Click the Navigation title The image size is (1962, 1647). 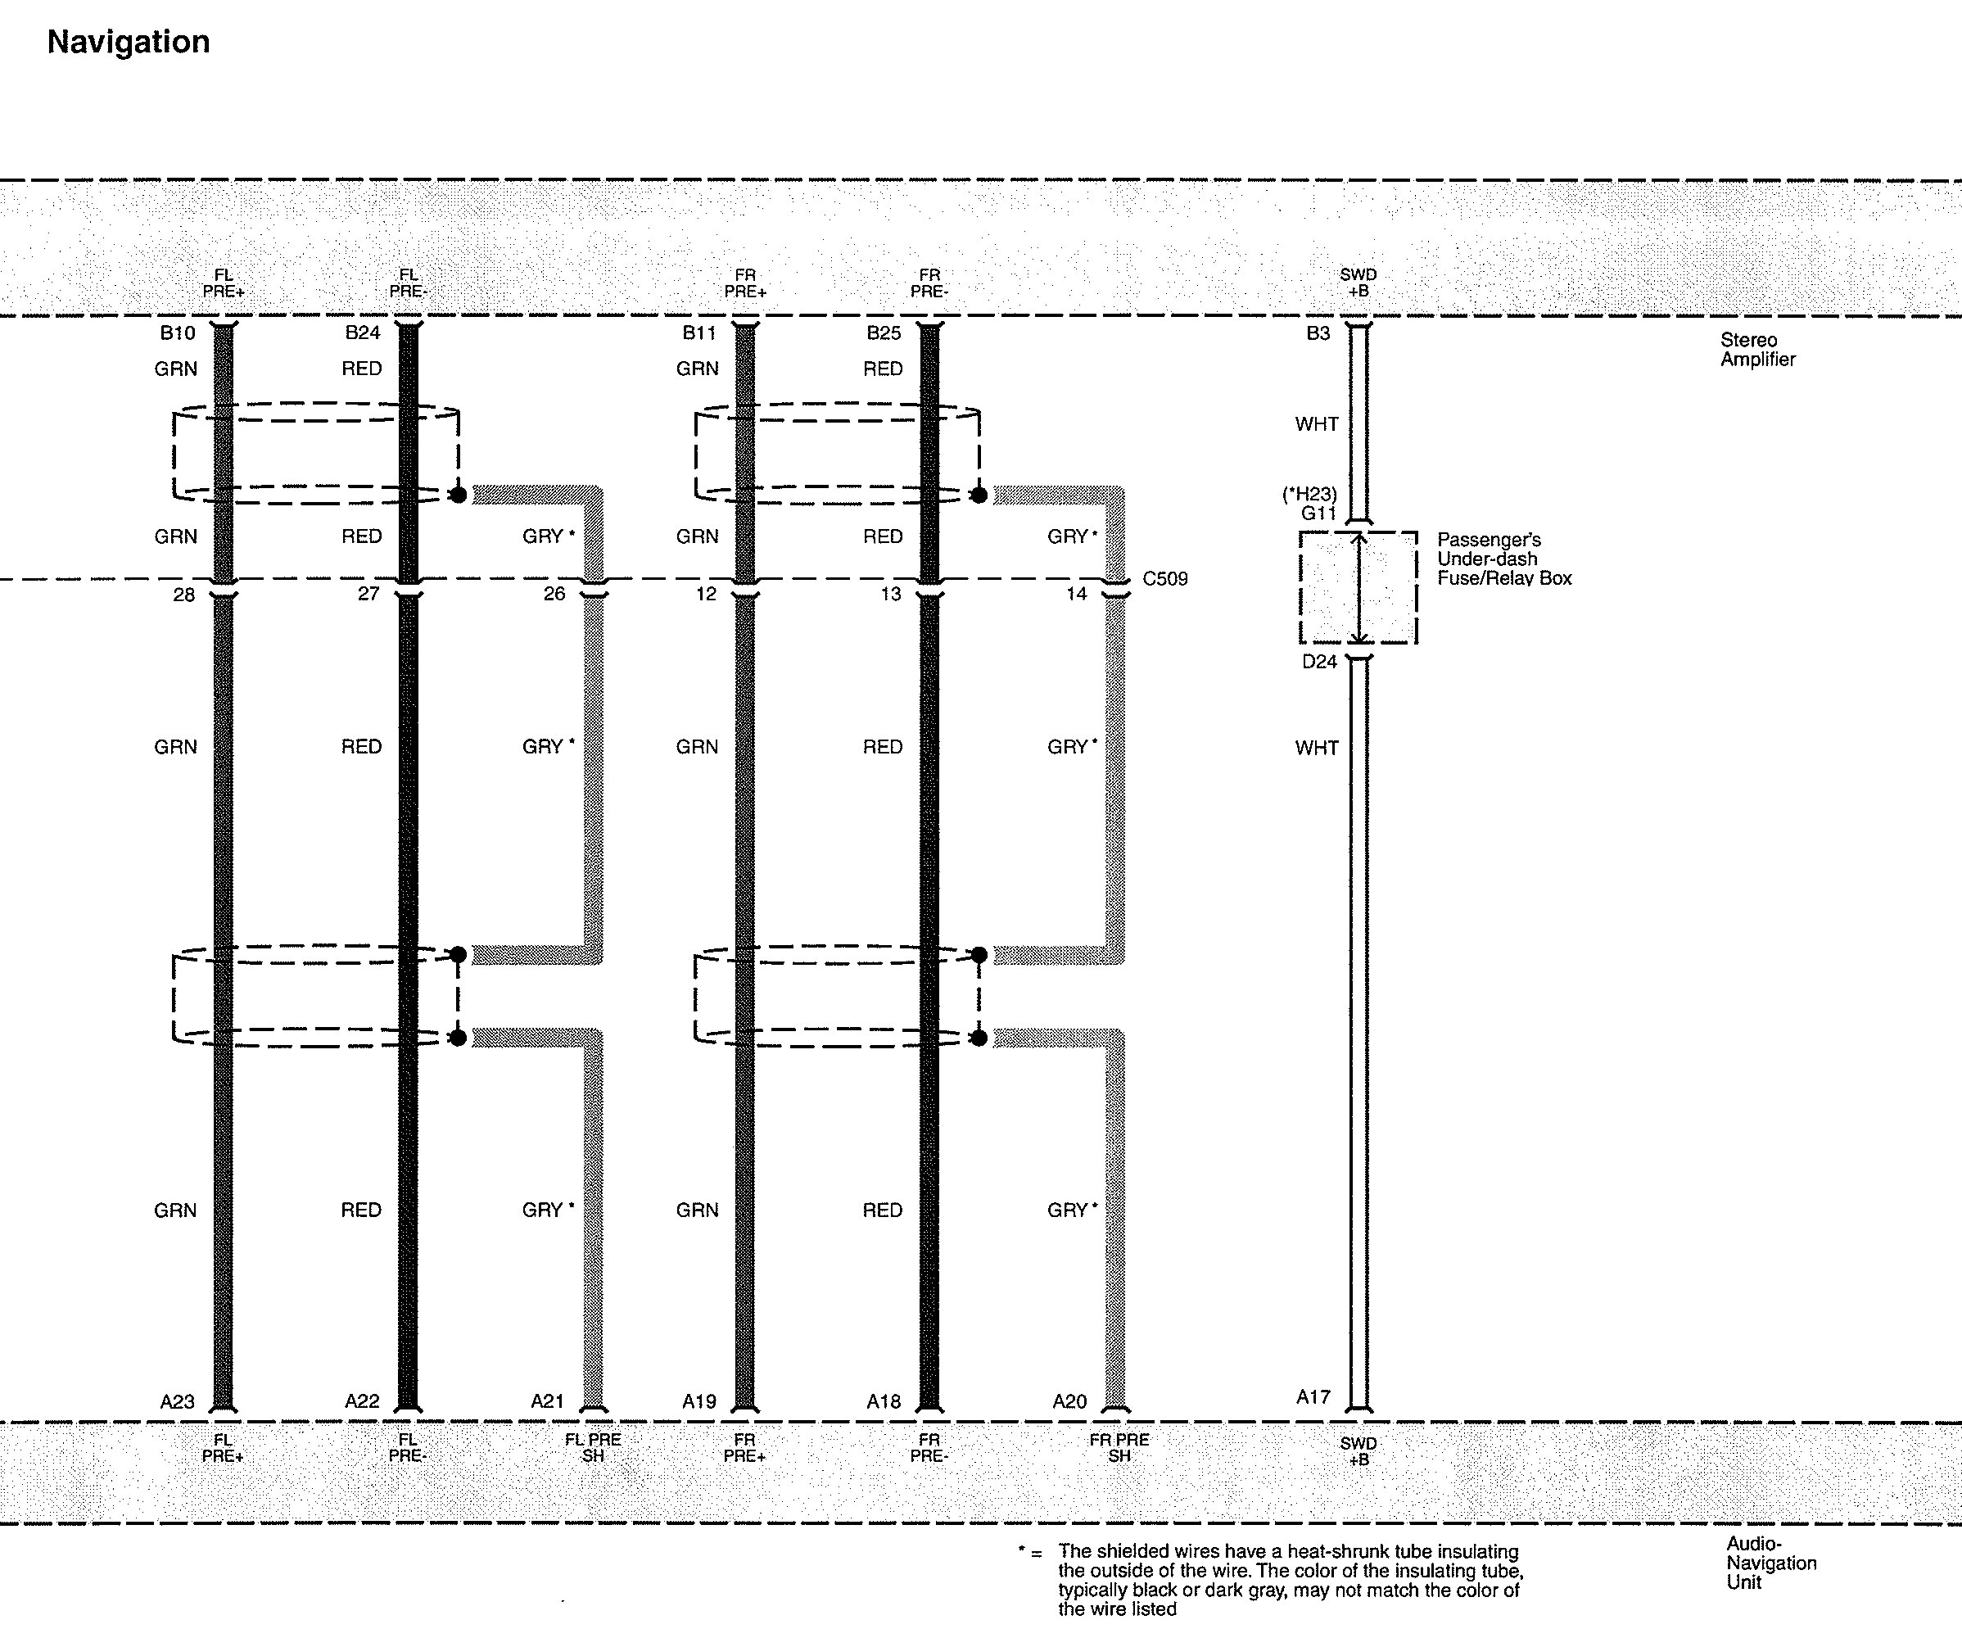[129, 42]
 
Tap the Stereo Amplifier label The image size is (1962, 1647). [1757, 350]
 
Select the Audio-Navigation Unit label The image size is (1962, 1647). [1770, 1563]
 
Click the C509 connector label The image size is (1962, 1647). [1165, 578]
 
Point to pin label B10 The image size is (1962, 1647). [178, 333]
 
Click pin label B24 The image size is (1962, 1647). [363, 333]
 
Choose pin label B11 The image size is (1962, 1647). [698, 333]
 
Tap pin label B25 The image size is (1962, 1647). [884, 333]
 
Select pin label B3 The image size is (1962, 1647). [1318, 333]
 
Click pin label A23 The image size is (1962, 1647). [178, 1401]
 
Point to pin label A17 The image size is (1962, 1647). [1313, 1396]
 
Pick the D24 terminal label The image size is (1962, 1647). [1319, 662]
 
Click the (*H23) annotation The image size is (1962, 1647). [1309, 494]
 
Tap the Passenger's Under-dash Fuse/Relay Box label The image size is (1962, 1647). [1504, 559]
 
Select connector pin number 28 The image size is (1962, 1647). [184, 594]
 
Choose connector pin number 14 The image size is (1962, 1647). [1076, 594]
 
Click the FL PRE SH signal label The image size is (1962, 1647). [592, 1448]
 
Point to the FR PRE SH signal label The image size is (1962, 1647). [1119, 1448]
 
